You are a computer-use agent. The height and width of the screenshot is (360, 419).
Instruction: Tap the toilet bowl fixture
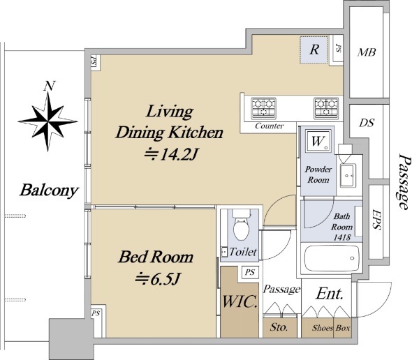click(x=242, y=225)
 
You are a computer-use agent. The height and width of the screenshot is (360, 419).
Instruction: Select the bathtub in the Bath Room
click(x=332, y=258)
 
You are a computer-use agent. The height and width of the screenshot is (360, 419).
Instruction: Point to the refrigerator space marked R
click(x=314, y=50)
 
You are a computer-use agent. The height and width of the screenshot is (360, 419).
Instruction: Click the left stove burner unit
click(x=263, y=108)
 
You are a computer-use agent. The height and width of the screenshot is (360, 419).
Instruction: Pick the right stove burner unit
click(x=327, y=108)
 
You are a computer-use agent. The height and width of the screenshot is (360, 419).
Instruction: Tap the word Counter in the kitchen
click(x=269, y=126)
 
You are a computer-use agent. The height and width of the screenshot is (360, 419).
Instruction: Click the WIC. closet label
click(x=240, y=301)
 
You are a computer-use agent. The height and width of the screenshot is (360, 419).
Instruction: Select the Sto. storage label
click(x=279, y=327)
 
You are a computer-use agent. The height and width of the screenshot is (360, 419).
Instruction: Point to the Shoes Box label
click(x=331, y=328)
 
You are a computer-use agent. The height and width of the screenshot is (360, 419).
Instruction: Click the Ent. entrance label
click(x=330, y=294)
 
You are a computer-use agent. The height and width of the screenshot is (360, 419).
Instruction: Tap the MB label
click(x=367, y=52)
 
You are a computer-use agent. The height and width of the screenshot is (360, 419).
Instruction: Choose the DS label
click(x=367, y=123)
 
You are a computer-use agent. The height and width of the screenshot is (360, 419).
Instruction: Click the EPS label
click(x=376, y=219)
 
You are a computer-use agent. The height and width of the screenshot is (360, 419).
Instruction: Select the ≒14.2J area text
click(x=170, y=154)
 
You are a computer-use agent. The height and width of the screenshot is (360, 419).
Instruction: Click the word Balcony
click(x=49, y=190)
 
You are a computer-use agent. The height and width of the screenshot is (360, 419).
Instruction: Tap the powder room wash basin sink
click(x=348, y=175)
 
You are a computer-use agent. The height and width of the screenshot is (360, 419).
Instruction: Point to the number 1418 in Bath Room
click(x=342, y=237)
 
